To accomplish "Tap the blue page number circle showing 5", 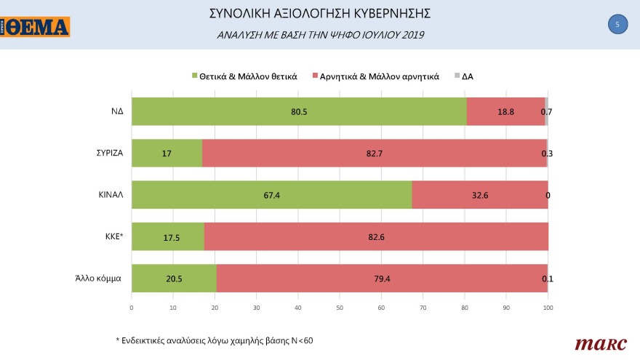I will [617, 25].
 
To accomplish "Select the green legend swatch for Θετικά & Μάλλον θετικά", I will [194, 76].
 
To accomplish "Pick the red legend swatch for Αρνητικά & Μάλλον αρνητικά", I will [314, 76].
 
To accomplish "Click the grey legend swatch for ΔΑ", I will [457, 76].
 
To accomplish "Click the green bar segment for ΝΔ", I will [298, 111].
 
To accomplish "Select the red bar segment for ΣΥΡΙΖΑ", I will [374, 153].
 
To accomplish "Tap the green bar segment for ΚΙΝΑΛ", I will [271, 195].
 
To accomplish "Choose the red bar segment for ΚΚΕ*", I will [376, 236].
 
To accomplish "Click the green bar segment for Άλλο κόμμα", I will [174, 278].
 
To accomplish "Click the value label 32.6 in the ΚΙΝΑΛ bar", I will [480, 195].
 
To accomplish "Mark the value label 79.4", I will [383, 278].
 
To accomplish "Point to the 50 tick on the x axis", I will [340, 308].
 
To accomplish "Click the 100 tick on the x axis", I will [548, 308].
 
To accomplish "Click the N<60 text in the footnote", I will [299, 340].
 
